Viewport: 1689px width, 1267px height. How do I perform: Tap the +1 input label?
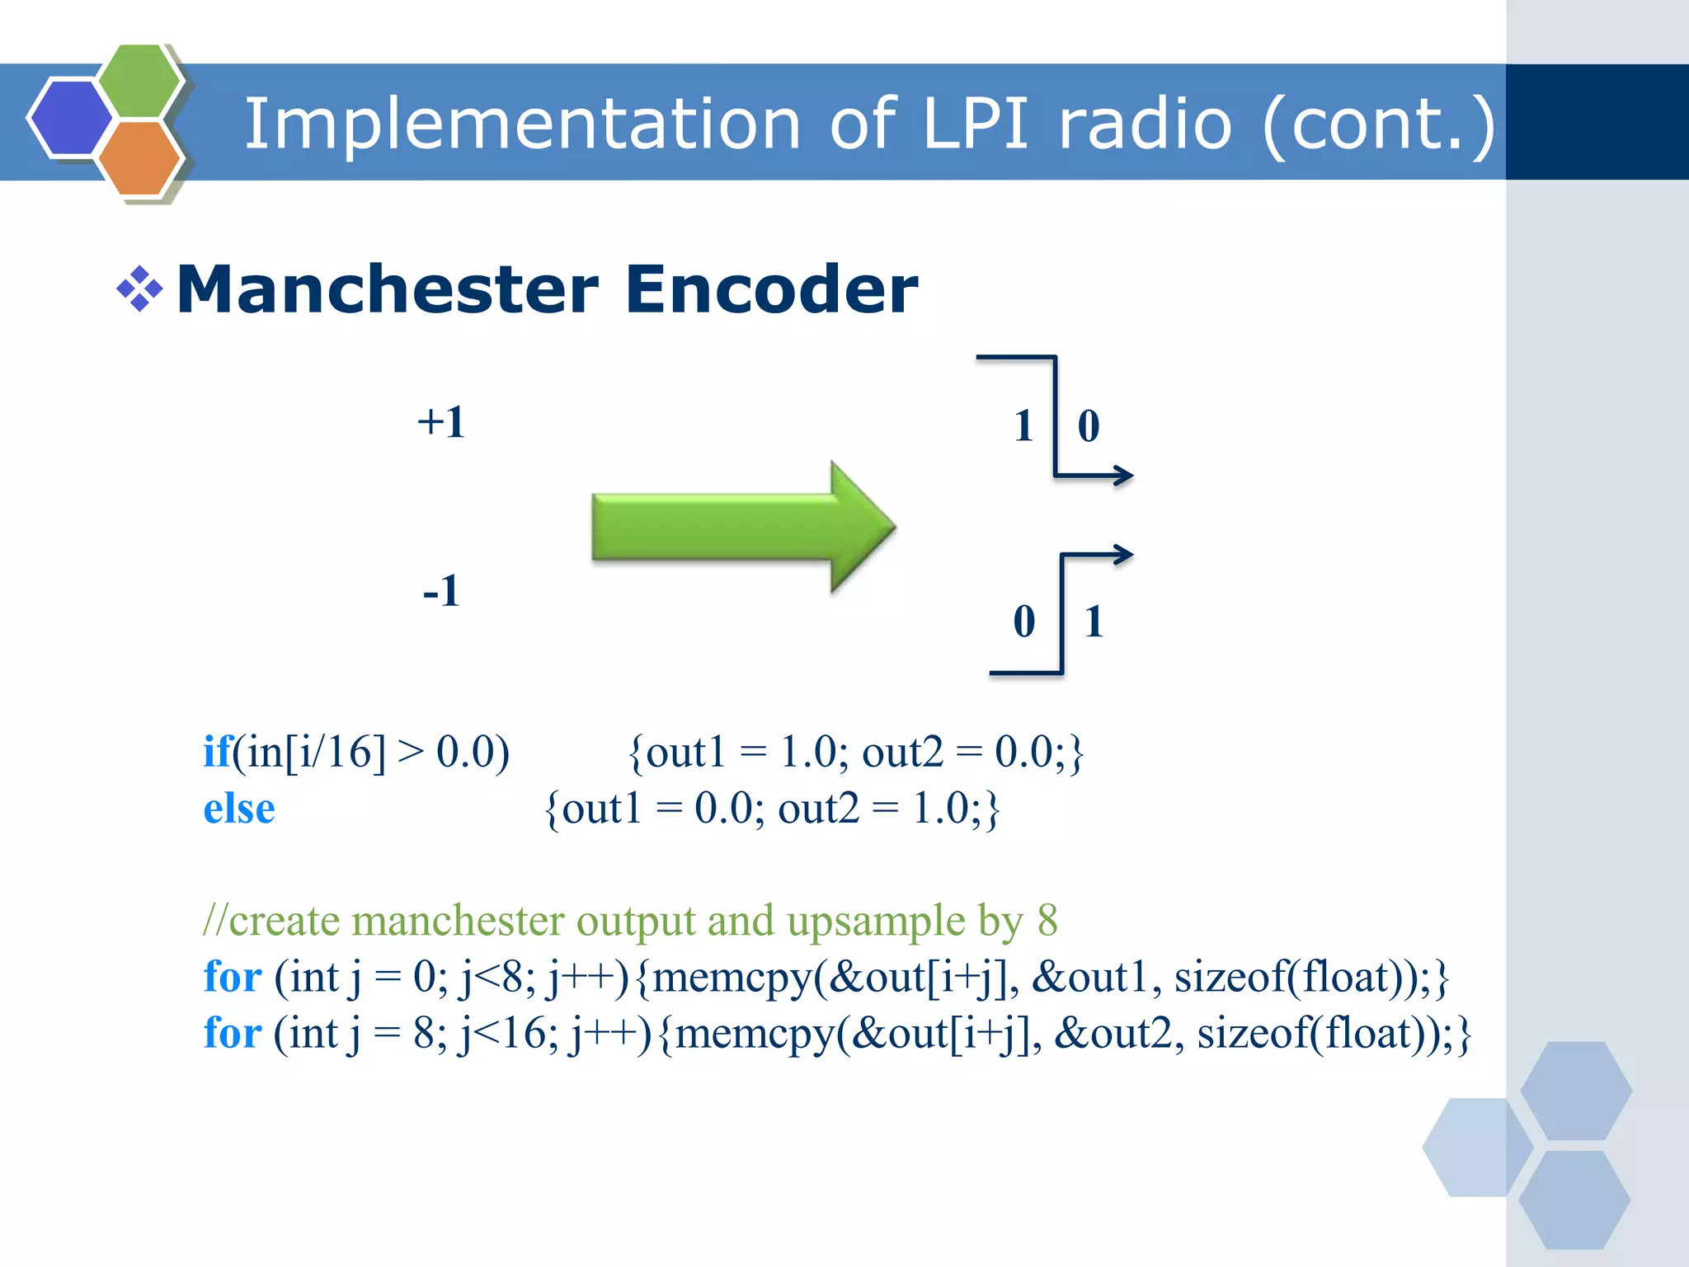pos(441,422)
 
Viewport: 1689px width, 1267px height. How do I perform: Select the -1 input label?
pos(441,591)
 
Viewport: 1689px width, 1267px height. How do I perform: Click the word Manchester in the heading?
pos(388,290)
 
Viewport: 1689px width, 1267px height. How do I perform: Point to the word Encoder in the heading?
pos(771,290)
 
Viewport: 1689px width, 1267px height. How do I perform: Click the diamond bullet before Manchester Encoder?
pos(139,289)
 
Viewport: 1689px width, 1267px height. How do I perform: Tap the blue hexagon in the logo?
pos(69,117)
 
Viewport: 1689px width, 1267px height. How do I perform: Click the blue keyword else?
pos(239,809)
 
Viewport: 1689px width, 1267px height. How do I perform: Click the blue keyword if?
pos(217,752)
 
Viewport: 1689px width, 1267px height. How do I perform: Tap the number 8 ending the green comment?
pos(1047,920)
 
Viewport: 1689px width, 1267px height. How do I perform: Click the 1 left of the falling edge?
pos(1023,426)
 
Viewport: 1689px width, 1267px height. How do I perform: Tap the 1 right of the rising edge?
pos(1094,622)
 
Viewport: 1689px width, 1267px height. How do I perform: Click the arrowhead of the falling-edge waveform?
pos(1123,476)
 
